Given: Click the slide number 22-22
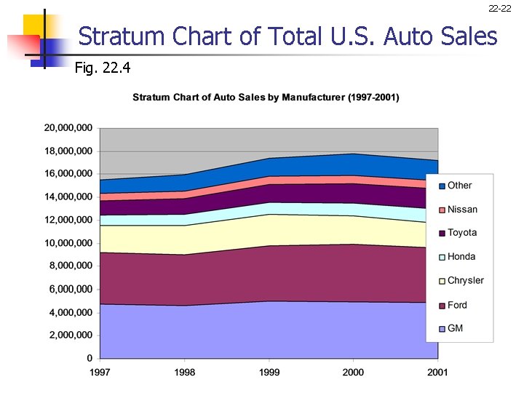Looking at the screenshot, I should pyautogui.click(x=499, y=9).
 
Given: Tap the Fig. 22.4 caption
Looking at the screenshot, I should pyautogui.click(x=103, y=68).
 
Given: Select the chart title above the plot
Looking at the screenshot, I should pyautogui.click(x=266, y=98).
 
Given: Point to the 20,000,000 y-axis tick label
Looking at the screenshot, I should pyautogui.click(x=68, y=128).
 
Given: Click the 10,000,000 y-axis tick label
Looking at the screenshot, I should pyautogui.click(x=68, y=243).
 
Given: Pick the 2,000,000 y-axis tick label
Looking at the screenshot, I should pyautogui.click(x=71, y=336).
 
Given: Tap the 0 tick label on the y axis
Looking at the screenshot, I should pyautogui.click(x=90, y=358).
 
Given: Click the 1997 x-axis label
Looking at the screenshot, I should pyautogui.click(x=100, y=373).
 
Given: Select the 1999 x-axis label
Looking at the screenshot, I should pyautogui.click(x=269, y=373).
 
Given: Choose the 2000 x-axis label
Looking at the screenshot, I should pyautogui.click(x=353, y=373).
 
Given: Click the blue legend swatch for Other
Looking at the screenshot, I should pyautogui.click(x=440, y=186).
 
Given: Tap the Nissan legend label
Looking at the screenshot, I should pyautogui.click(x=462, y=210).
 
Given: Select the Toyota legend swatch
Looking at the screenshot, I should pyautogui.click(x=440, y=234).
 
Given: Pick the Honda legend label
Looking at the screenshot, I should pyautogui.click(x=461, y=256).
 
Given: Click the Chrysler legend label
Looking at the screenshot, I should pyautogui.click(x=465, y=280).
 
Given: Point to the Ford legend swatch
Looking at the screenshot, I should pyautogui.click(x=440, y=306).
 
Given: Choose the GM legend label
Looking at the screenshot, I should pyautogui.click(x=455, y=328).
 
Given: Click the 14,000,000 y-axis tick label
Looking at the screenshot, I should pyautogui.click(x=68, y=197).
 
